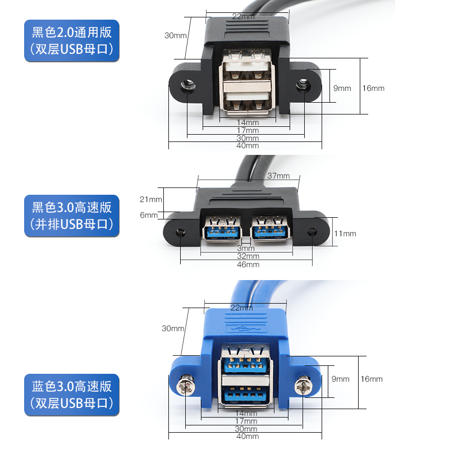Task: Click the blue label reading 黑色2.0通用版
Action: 71,40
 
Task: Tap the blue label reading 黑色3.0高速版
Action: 71,216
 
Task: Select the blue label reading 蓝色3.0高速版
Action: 71,395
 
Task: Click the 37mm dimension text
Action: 278,176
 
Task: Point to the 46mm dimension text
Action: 248,264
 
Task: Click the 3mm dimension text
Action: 245,248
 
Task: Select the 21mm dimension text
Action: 150,199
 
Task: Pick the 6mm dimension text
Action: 149,215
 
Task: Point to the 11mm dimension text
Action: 345,233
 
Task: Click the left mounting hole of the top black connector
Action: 187,86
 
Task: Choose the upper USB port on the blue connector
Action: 245,360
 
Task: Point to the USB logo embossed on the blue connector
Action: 245,328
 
